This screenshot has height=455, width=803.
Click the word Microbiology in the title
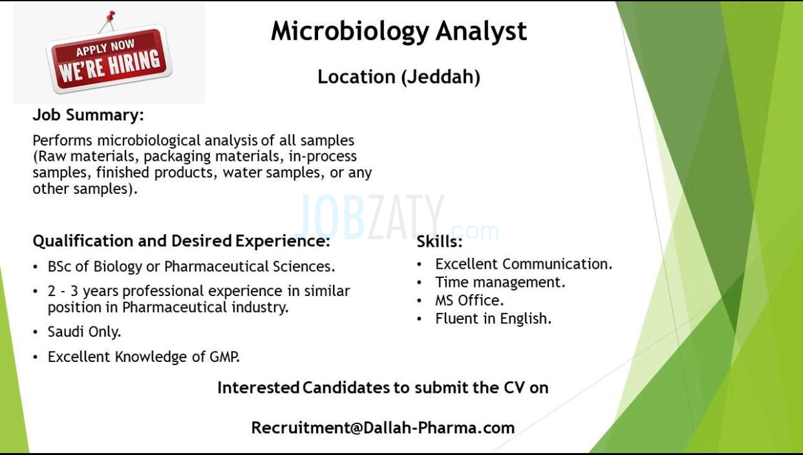(x=350, y=32)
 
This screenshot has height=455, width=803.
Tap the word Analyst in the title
(x=481, y=32)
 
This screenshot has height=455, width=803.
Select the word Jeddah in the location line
(x=440, y=77)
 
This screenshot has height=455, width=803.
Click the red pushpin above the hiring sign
(x=111, y=16)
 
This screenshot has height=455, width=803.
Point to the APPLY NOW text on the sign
(x=105, y=48)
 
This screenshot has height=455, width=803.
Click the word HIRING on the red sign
(x=134, y=64)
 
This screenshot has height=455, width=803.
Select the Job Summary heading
(x=88, y=115)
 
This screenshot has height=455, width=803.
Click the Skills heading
(x=440, y=242)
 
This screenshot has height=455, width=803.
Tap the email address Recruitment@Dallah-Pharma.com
(x=383, y=428)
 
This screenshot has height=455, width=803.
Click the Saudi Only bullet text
(x=84, y=332)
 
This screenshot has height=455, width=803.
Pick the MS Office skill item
(x=469, y=301)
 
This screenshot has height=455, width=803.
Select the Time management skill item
(x=500, y=282)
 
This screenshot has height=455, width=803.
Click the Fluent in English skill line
(x=493, y=319)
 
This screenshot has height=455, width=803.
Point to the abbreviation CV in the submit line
(x=515, y=388)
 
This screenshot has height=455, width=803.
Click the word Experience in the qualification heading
(x=283, y=241)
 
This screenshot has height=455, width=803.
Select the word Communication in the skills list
(x=557, y=264)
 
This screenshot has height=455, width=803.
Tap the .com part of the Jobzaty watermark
(x=475, y=231)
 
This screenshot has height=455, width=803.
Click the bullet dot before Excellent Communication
(x=420, y=264)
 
